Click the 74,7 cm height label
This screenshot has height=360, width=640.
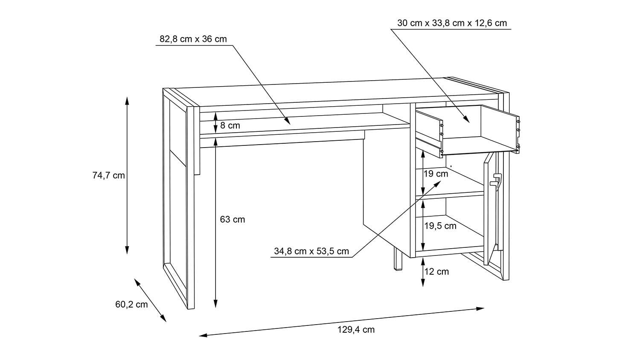point(108,175)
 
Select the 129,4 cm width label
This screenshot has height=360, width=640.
point(355,329)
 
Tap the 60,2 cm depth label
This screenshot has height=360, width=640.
point(131,304)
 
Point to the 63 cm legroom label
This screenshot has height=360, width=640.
point(232,220)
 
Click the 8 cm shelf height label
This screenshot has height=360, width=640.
point(230,125)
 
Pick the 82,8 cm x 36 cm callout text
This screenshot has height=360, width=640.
point(193,39)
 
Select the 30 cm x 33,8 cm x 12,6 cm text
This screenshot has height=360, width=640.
point(452,23)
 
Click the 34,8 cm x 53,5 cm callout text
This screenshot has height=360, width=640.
point(311,251)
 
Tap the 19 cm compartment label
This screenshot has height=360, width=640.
point(436,174)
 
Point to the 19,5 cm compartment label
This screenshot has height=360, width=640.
point(440,226)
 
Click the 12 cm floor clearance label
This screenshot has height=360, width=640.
point(436,271)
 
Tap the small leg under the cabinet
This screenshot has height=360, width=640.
point(398,260)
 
